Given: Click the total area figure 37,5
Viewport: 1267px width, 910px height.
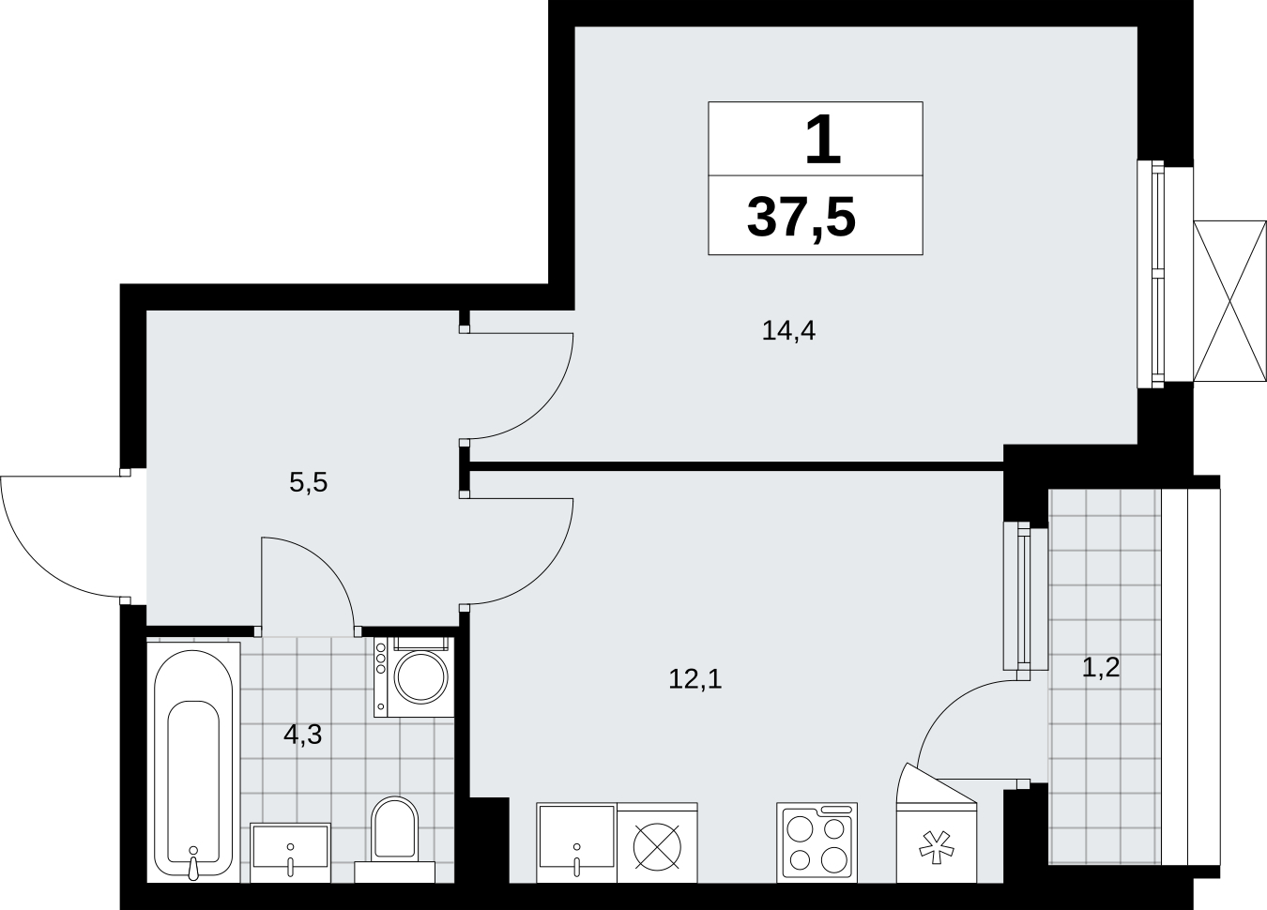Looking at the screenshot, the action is tap(801, 218).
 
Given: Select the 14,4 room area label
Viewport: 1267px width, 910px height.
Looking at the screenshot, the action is tap(788, 330).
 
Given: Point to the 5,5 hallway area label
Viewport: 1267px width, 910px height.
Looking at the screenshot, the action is tap(308, 482).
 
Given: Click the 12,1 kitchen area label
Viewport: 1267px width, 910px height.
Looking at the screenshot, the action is tap(695, 678).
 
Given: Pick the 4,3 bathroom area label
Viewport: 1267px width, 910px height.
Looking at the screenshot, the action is tap(302, 735).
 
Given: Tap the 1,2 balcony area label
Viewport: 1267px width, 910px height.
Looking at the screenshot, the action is tap(1101, 667).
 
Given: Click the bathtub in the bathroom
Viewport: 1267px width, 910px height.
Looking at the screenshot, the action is tap(193, 762).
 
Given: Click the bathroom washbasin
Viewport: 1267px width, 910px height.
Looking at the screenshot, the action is tap(290, 853).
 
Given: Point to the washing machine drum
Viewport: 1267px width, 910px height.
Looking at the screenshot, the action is tap(420, 677).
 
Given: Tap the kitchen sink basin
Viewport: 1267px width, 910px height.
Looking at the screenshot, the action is tap(577, 842).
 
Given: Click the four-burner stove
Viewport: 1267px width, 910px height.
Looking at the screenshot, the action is tap(817, 842).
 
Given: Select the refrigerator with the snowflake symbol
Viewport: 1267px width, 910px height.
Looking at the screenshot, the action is tap(937, 842).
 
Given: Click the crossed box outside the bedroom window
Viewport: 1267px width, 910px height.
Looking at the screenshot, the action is tap(1229, 301).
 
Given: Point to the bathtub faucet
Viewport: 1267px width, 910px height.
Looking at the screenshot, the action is tap(193, 863).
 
